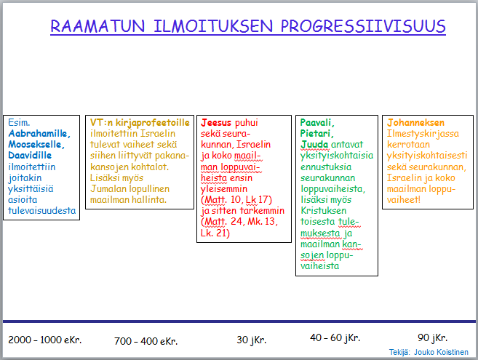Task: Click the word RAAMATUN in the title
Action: click(97, 26)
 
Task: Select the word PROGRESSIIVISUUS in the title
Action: click(363, 26)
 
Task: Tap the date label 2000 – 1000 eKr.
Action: click(45, 340)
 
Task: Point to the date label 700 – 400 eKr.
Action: click(146, 341)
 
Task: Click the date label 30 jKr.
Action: click(252, 340)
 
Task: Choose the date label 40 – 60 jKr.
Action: click(335, 337)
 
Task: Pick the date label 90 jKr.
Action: click(432, 337)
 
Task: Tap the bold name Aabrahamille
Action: click(39, 134)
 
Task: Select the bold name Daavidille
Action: click(30, 155)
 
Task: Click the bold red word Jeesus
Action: click(216, 122)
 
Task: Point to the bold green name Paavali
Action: click(317, 122)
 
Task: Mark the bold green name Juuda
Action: click(314, 145)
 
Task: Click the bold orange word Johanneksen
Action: click(415, 122)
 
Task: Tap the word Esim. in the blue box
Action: click(19, 122)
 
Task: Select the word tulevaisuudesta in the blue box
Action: click(41, 211)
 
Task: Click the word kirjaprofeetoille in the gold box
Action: click(153, 123)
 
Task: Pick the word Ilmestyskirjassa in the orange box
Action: click(423, 134)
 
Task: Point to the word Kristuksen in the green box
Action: click(324, 211)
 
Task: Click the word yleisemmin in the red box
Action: click(224, 189)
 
